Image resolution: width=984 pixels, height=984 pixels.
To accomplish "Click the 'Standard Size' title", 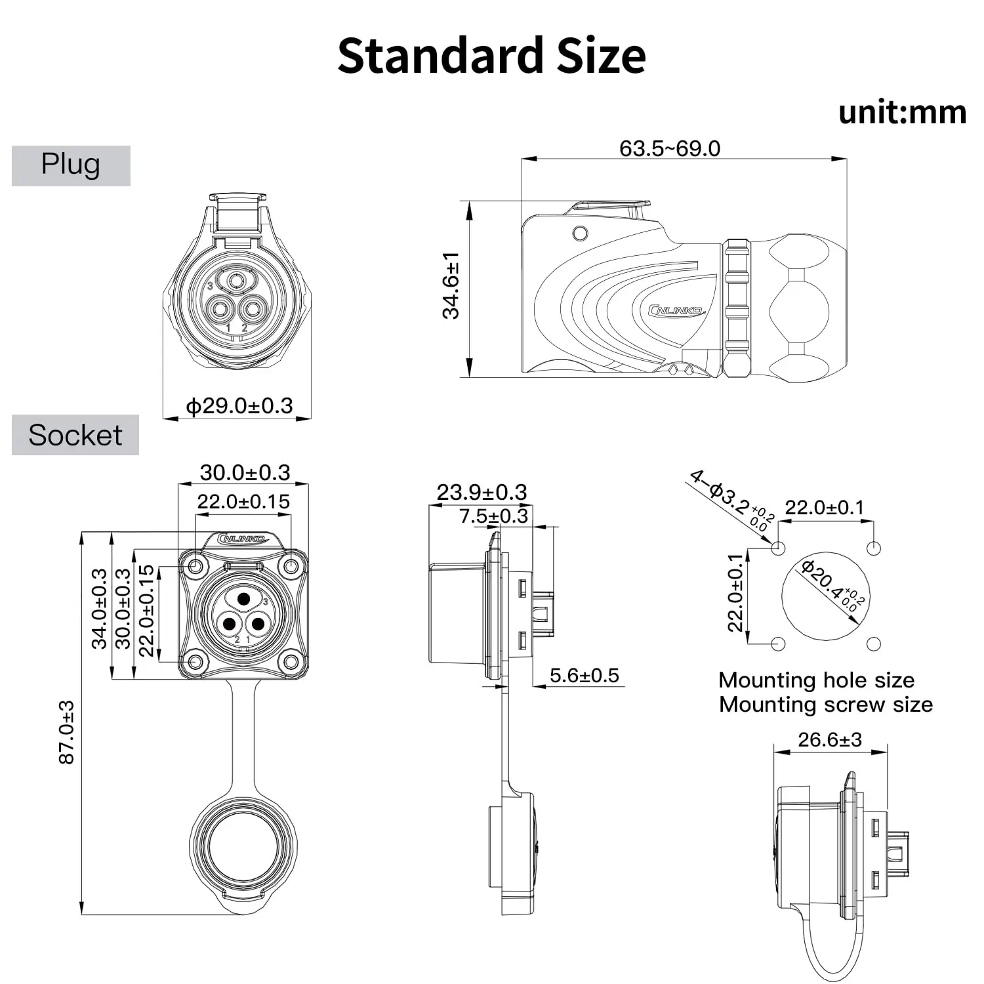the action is pos(491,55).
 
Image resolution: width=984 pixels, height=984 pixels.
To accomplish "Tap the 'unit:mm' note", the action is pos(902,112).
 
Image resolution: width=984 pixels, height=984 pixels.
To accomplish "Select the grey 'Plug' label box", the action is pos(71,165).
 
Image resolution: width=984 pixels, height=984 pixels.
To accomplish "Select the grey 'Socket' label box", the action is pos(75,435).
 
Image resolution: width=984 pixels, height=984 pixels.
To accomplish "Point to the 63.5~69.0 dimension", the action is pos(670,148).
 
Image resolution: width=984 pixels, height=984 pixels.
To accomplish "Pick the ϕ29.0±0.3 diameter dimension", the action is pos(239,405).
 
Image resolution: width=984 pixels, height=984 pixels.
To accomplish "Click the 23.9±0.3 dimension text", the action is pos(482,492).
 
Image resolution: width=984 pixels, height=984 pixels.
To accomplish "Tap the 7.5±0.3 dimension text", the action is pos(493,516).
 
